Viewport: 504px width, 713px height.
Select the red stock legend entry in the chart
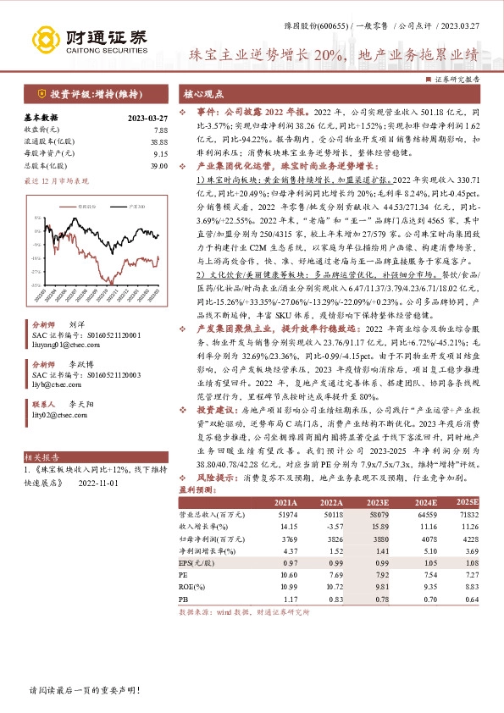click(84, 205)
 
